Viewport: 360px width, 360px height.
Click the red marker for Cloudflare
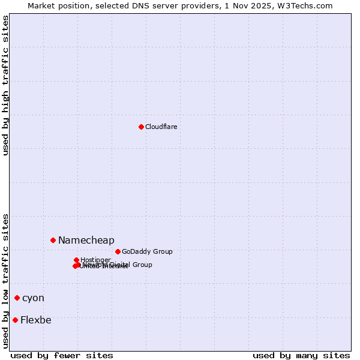click(141, 127)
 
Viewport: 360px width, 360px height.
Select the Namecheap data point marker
click(53, 240)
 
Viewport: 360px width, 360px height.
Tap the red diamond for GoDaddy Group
click(118, 251)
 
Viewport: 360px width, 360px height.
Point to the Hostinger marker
click(76, 260)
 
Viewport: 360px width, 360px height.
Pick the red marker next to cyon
click(17, 298)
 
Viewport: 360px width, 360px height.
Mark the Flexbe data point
click(15, 320)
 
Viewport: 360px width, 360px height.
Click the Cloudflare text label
click(161, 127)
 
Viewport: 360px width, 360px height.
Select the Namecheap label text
click(86, 240)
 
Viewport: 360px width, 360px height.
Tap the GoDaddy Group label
click(147, 251)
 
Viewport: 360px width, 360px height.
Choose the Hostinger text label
click(95, 260)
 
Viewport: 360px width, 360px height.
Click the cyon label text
click(33, 298)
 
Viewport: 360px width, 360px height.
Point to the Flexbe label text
click(35, 320)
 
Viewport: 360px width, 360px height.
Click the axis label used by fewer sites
click(62, 355)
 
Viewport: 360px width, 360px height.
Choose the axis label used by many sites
click(301, 355)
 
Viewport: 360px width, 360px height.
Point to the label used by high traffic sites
click(5, 85)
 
